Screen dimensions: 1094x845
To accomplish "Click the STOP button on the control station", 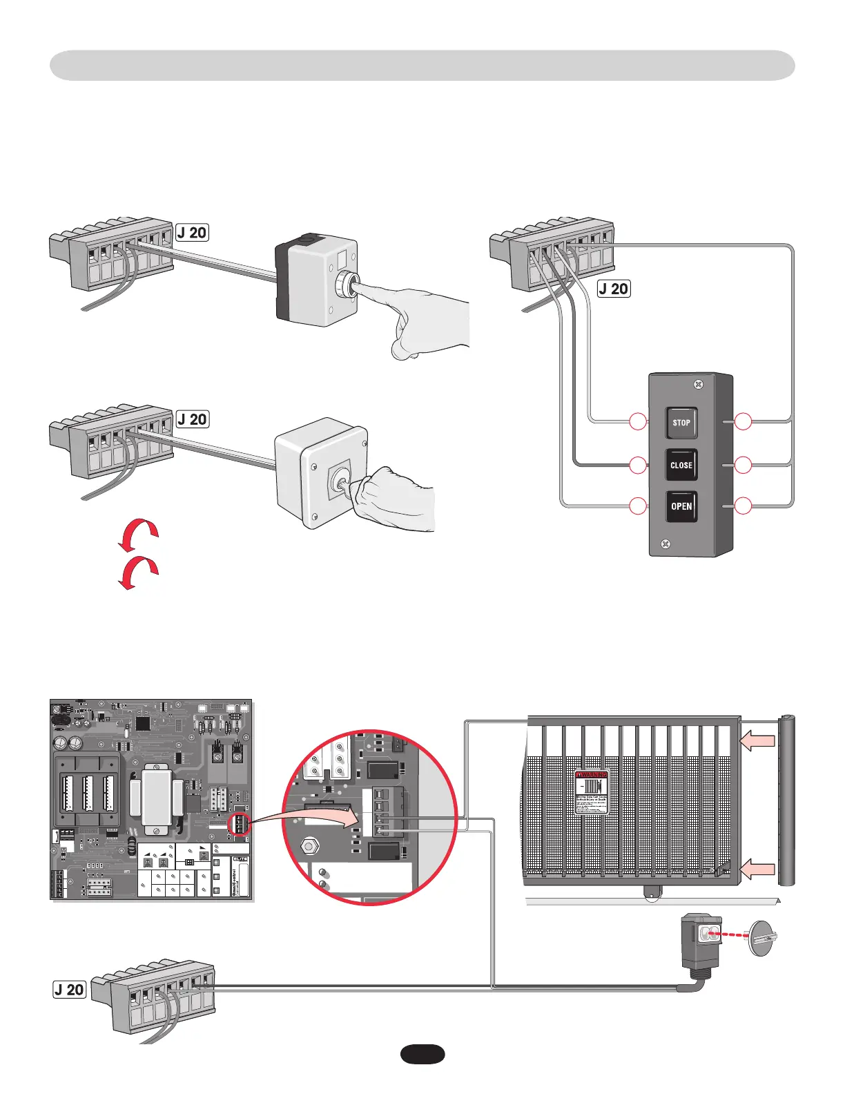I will point(681,423).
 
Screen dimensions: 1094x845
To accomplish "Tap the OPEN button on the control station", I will point(681,506).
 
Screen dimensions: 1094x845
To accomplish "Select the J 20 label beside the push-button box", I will point(192,233).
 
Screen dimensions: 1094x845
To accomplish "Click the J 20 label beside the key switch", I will point(192,419).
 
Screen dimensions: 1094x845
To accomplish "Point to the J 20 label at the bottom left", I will point(70,989).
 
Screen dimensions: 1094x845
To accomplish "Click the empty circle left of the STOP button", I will point(639,421).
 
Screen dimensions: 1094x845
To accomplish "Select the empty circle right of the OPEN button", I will point(743,506).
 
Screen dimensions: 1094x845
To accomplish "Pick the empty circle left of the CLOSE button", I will point(639,465).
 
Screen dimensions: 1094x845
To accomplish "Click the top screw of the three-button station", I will point(699,384).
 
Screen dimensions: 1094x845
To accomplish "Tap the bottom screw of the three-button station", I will point(665,544).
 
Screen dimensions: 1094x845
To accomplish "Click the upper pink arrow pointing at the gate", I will point(757,741).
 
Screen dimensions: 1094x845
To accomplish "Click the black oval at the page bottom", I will point(422,1054).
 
